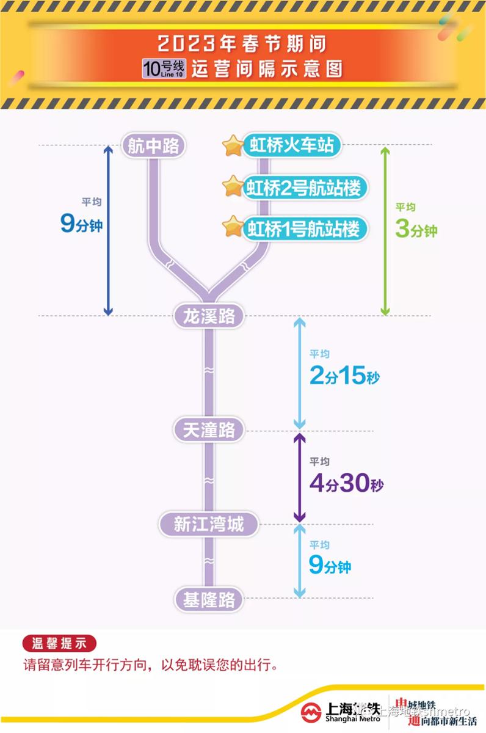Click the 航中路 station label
coord(153,145)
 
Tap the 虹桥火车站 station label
coord(292,145)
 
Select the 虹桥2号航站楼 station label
coord(305,188)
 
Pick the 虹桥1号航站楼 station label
coord(305,228)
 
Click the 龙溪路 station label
coord(209,316)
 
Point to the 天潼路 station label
coord(209,430)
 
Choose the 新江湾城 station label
coord(209,524)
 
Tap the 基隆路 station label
coord(209,599)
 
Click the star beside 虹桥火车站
coord(233,145)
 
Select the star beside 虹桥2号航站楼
coord(233,186)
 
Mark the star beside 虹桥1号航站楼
coord(233,227)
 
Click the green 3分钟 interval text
coord(416,228)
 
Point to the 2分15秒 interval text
coord(345,375)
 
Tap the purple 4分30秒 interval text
coord(346,483)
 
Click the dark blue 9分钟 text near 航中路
coord(81,223)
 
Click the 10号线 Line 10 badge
coord(164,68)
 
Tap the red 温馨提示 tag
coord(59,643)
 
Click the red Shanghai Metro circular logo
coord(311,713)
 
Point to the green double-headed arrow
coord(385,231)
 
